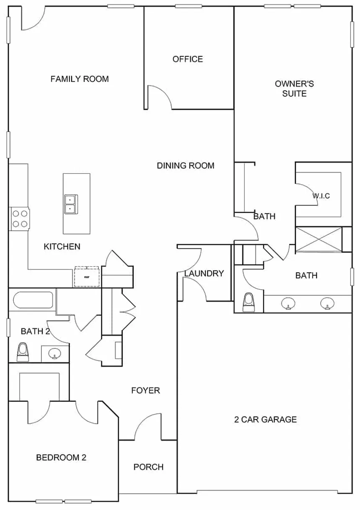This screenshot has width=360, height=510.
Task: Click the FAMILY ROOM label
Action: (80, 79)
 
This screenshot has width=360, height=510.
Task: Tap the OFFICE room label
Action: (188, 59)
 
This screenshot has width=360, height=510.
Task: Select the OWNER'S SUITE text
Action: (294, 89)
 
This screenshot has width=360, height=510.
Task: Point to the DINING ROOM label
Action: (186, 165)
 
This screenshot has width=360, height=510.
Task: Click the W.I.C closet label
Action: (321, 196)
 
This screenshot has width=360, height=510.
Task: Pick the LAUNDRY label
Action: (204, 273)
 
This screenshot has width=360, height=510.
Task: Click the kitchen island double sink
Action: (71, 204)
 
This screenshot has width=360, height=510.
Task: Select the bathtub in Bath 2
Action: (33, 300)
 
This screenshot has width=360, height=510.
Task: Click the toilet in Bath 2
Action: (23, 352)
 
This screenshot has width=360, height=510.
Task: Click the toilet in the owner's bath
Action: (249, 302)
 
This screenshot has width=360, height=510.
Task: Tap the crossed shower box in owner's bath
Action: (319, 240)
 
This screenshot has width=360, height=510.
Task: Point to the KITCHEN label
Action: (62, 247)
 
